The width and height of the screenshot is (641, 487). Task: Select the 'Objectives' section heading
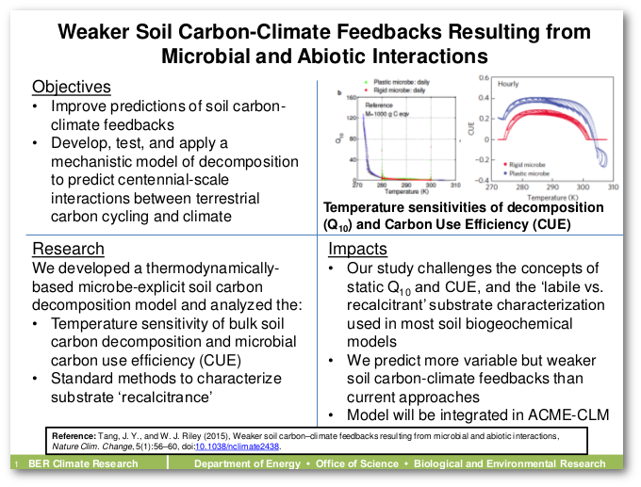click(71, 87)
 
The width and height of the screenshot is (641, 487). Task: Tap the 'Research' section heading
click(69, 249)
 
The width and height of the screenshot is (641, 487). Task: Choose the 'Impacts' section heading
click(357, 249)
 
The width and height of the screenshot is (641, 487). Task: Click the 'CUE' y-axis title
click(471, 128)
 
